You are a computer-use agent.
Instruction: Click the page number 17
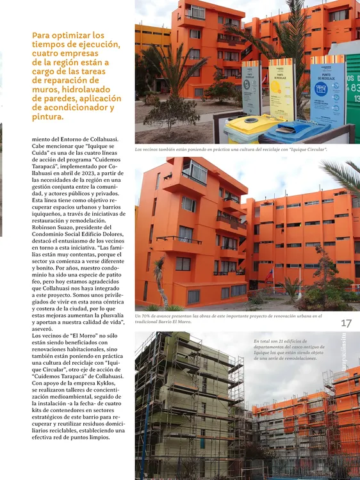click(347, 323)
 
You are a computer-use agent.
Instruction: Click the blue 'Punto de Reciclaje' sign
click(327, 90)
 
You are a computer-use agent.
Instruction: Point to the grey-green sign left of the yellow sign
click(251, 88)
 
